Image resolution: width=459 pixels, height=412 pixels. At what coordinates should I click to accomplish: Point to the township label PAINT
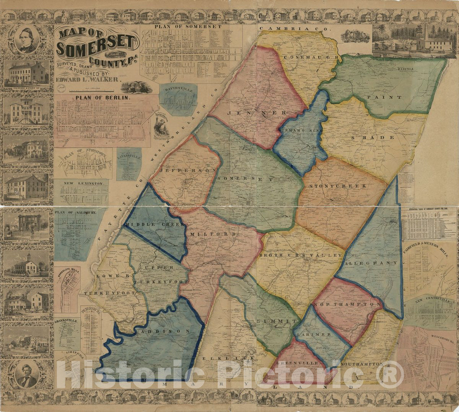384,98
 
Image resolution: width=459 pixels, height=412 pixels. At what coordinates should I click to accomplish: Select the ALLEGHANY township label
371,264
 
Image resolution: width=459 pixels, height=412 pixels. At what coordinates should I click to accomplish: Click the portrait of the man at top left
27,40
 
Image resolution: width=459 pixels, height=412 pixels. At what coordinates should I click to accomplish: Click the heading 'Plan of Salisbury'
75,212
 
